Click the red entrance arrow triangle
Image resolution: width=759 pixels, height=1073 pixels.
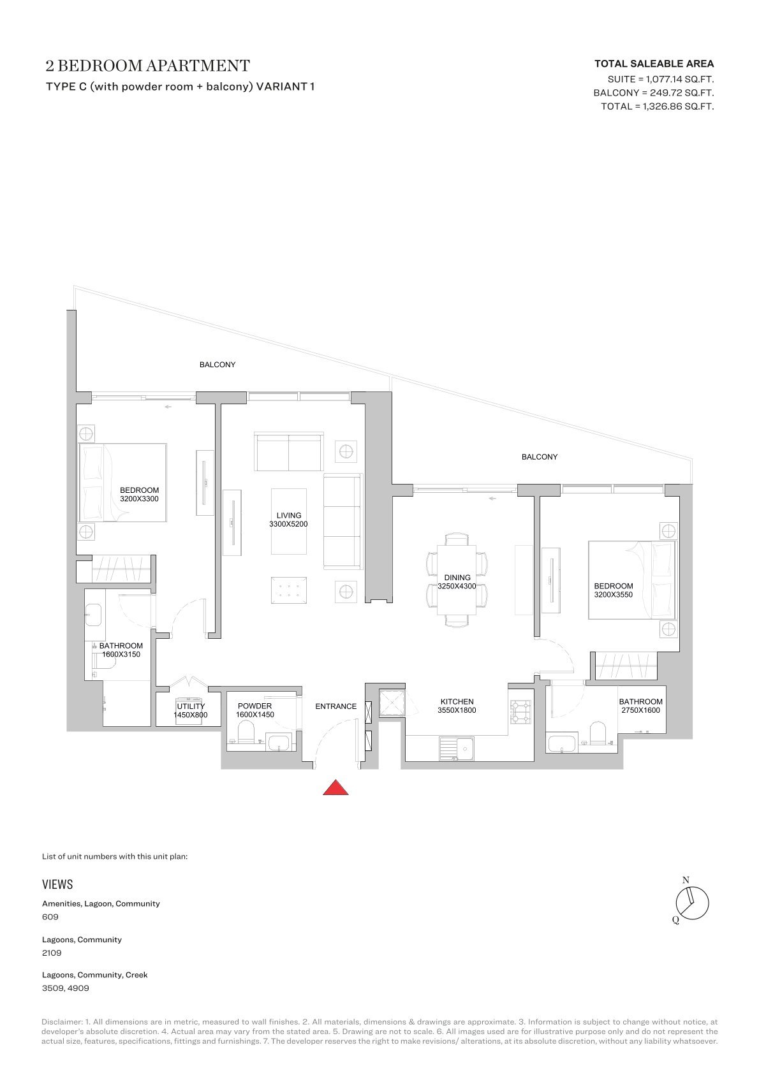click(335, 788)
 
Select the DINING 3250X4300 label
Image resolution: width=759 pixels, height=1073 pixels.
click(457, 581)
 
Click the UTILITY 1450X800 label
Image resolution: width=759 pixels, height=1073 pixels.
click(191, 710)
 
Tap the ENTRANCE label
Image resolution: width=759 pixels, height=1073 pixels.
click(336, 706)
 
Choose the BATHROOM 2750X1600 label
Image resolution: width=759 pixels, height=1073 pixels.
click(640, 706)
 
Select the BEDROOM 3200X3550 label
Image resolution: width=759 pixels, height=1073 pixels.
click(614, 590)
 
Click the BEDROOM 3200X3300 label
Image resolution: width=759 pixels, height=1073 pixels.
click(139, 494)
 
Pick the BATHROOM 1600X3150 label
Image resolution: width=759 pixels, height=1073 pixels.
click(121, 650)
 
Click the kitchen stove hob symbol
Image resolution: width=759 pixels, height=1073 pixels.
click(521, 712)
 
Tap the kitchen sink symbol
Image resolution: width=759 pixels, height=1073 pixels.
click(457, 748)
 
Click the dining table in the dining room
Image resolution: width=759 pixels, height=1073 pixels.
click(457, 580)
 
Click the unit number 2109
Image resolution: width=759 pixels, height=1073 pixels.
click(52, 953)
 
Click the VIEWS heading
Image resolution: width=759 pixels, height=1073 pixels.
click(57, 884)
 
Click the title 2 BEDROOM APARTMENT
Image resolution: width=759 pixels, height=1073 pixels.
click(147, 66)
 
